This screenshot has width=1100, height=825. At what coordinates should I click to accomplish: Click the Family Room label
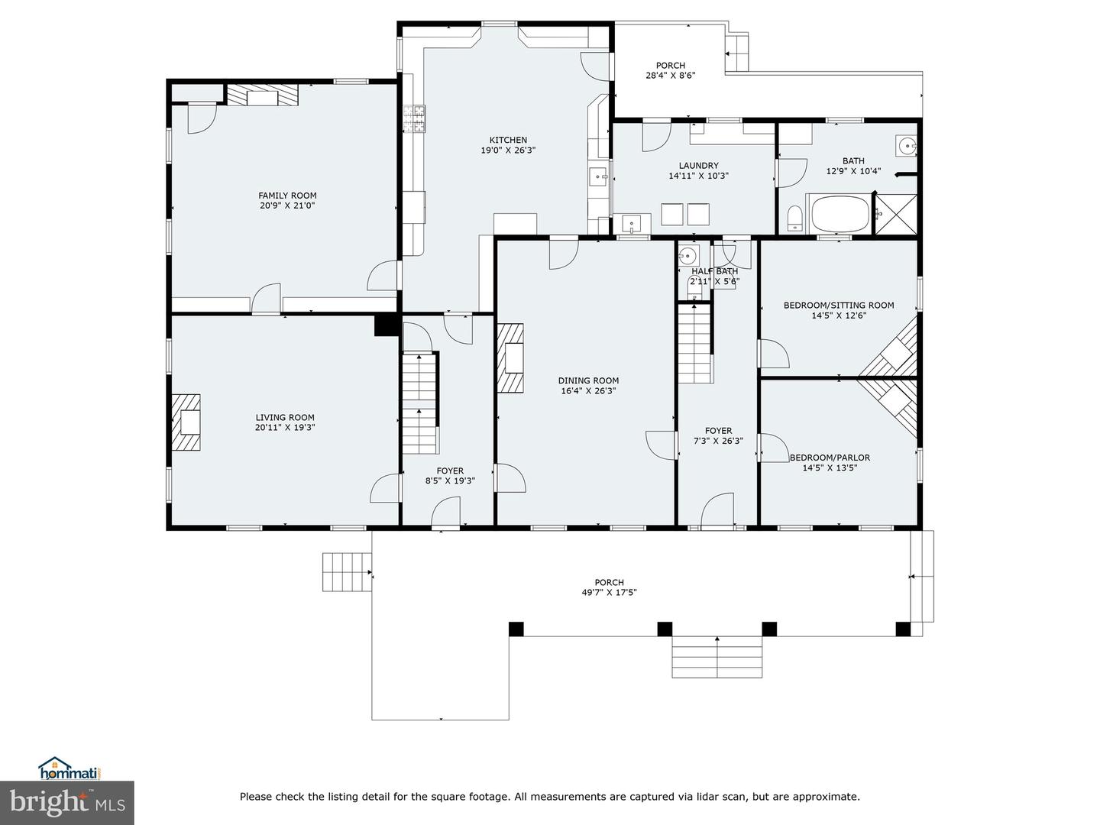tap(287, 196)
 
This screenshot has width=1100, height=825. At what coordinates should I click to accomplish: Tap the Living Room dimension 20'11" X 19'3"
tap(285, 428)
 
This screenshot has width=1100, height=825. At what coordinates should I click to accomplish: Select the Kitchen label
tap(508, 140)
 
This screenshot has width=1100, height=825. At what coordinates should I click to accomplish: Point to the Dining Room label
tap(588, 380)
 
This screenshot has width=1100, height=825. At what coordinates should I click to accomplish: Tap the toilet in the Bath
tap(794, 218)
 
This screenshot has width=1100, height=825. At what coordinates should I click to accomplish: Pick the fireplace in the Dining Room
tap(511, 358)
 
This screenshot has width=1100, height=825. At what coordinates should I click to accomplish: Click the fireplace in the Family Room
tap(262, 95)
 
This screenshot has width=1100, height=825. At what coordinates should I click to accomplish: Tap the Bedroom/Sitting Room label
tap(838, 305)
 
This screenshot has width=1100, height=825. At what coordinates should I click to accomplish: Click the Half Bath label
tap(715, 271)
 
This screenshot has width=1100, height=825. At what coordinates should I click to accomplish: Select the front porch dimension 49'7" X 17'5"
tap(609, 592)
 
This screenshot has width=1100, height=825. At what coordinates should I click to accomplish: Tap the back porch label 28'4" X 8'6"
tap(670, 75)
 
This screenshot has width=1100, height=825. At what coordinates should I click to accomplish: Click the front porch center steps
tap(717, 657)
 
